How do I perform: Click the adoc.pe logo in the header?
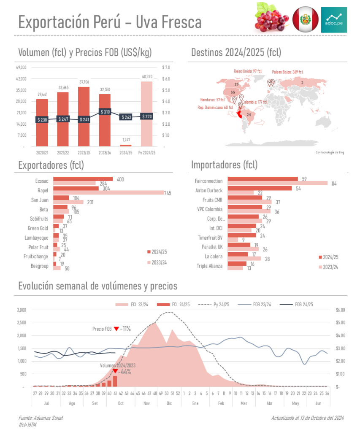(x=334, y=19)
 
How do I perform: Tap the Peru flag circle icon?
(x=306, y=19)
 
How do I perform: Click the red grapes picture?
(x=272, y=18)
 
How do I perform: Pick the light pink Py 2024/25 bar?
(x=146, y=114)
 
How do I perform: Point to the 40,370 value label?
(x=147, y=77)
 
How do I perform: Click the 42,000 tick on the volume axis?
(x=21, y=79)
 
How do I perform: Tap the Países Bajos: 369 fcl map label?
(x=287, y=72)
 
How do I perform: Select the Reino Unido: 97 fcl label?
(x=248, y=71)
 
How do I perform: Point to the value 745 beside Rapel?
(x=170, y=193)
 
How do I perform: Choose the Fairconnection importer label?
(x=208, y=181)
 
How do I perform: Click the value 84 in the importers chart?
(x=334, y=184)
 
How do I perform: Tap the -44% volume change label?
(x=125, y=372)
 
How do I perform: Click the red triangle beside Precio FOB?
(x=116, y=329)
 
